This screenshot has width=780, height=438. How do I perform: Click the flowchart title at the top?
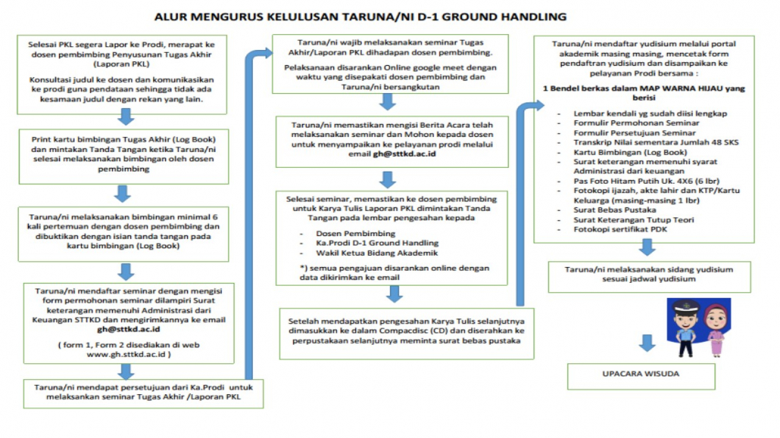click(x=359, y=15)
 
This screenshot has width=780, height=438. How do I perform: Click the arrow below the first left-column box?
click(x=126, y=116)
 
